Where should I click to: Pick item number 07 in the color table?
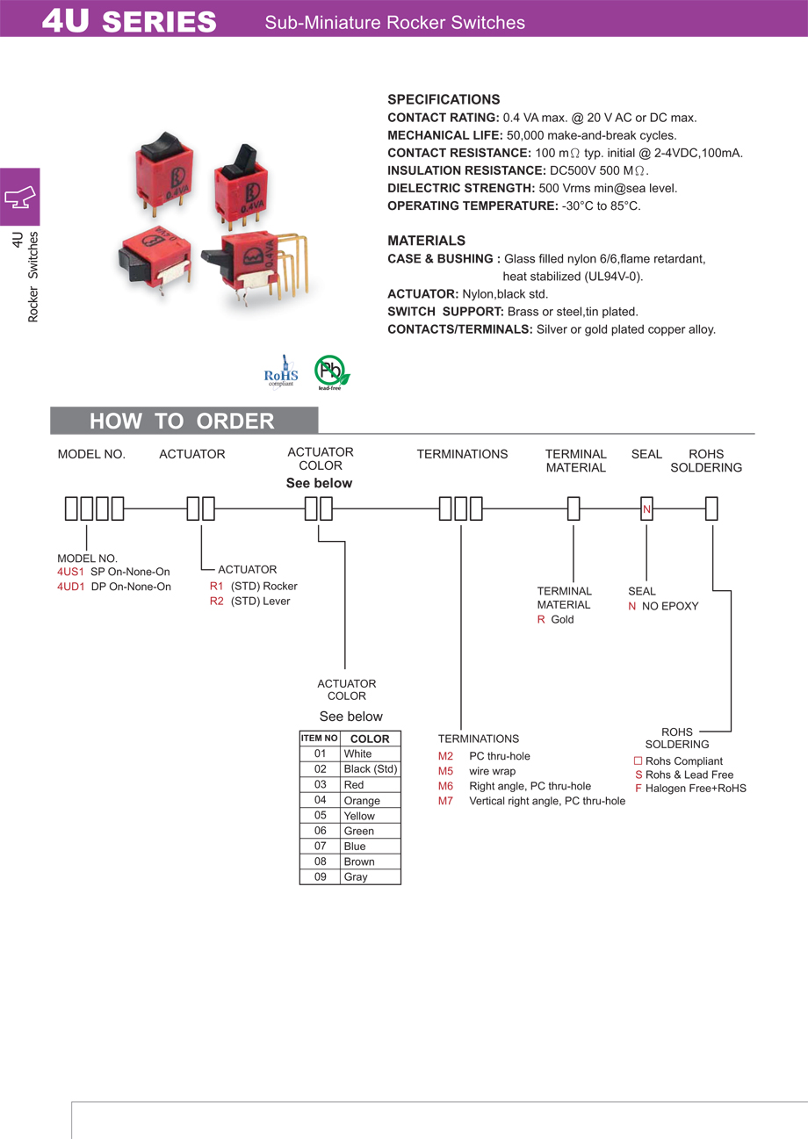[320, 847]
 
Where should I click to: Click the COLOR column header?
[370, 739]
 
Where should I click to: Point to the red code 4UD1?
[71, 587]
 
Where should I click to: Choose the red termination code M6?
[445, 786]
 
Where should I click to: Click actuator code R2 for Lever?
[216, 601]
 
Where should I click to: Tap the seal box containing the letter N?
[646, 509]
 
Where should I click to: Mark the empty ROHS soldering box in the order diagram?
[712, 509]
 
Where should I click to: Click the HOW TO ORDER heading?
[182, 422]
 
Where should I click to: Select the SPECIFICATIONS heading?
[444, 99]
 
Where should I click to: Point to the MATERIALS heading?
[427, 241]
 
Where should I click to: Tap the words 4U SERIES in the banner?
[129, 21]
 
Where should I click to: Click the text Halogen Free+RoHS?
[696, 789]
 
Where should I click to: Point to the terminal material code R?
[541, 620]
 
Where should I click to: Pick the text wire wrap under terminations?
[492, 771]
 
